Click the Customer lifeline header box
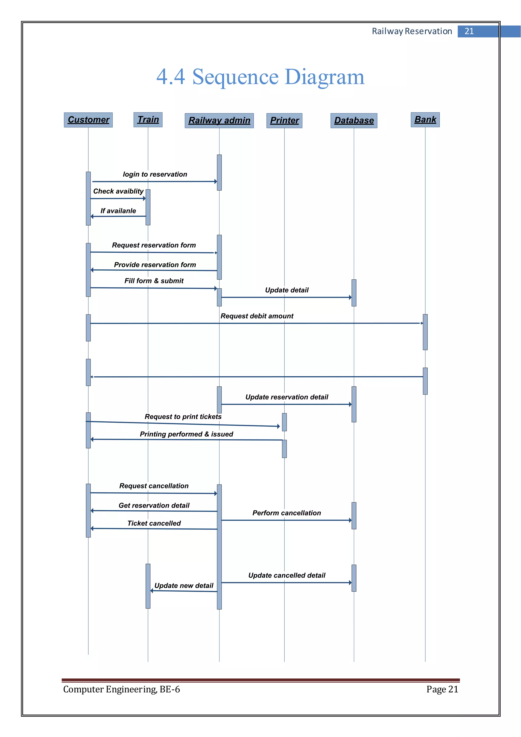(x=88, y=120)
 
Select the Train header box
(x=148, y=120)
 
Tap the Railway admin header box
(x=219, y=120)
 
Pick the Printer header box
(x=284, y=120)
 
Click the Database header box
(x=354, y=120)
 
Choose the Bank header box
(x=425, y=119)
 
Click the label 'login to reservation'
(x=155, y=174)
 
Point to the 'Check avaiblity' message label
(x=118, y=191)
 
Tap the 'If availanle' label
(x=118, y=211)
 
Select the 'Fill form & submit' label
(x=154, y=281)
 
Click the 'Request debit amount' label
(x=257, y=316)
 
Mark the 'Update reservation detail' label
(x=287, y=397)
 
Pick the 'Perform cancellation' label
(x=286, y=513)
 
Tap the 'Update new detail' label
(x=184, y=586)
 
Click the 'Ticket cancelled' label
(x=154, y=523)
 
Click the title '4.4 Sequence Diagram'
(x=260, y=77)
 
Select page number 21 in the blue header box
(x=469, y=31)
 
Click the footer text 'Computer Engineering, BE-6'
(x=122, y=689)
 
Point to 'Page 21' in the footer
(x=442, y=689)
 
